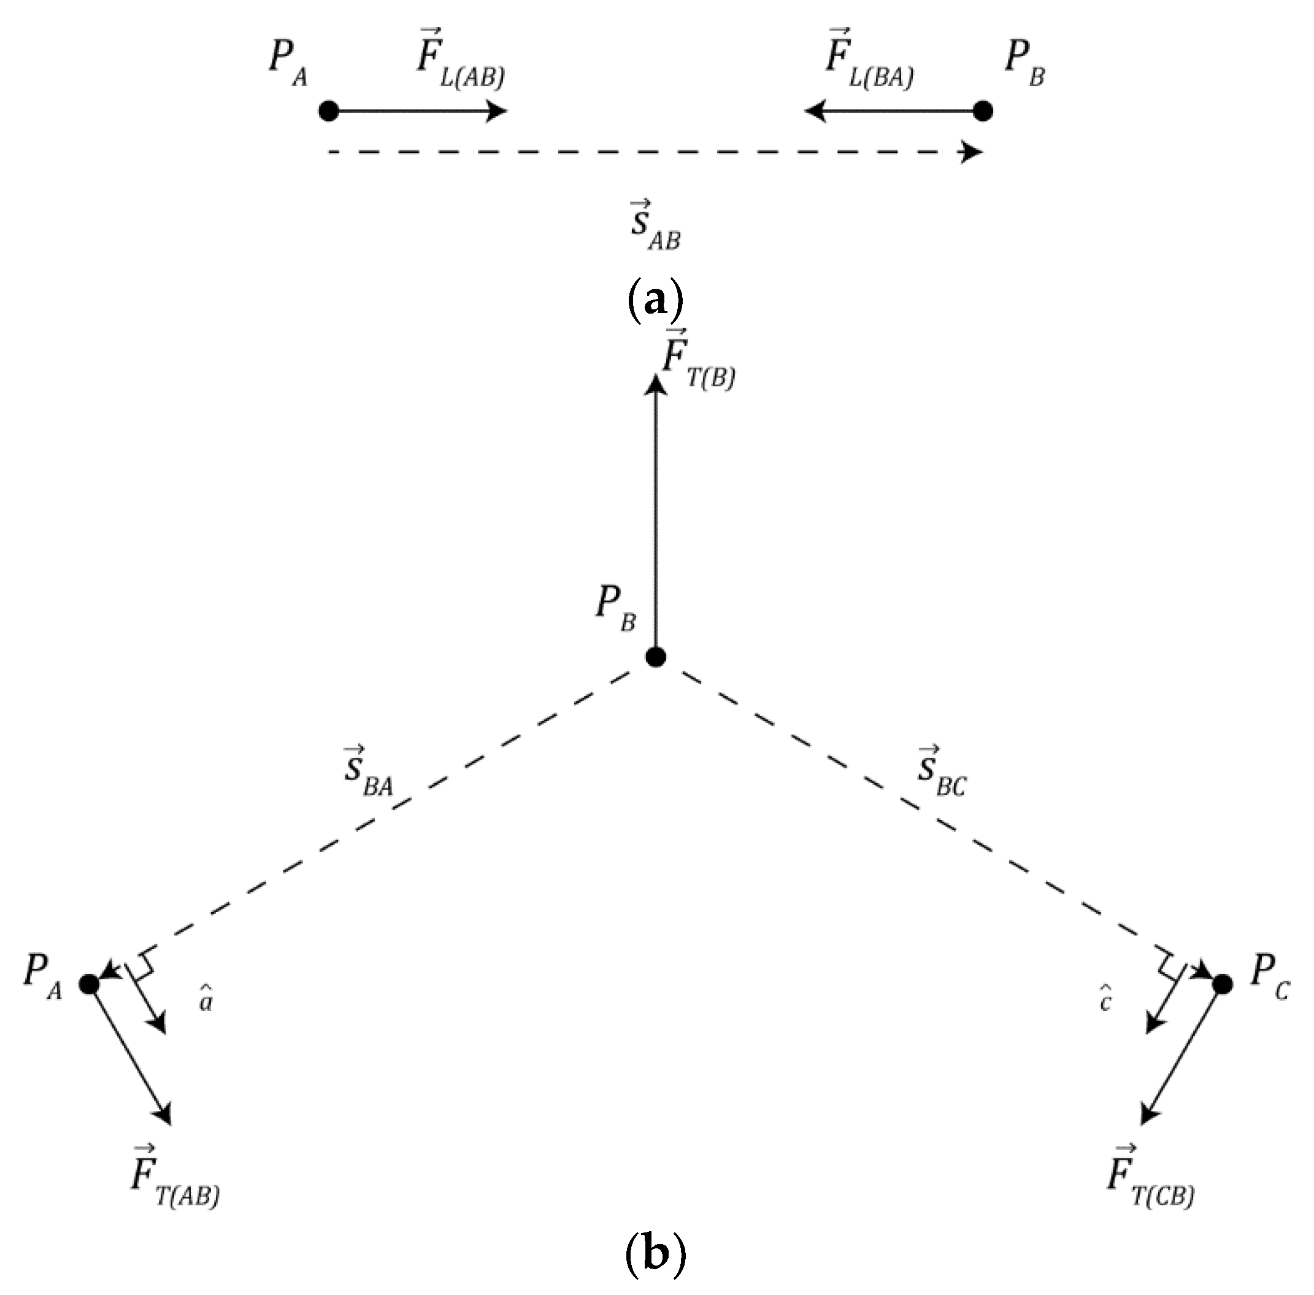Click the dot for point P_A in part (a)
point(329,111)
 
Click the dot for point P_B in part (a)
point(983,111)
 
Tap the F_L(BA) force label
point(869,61)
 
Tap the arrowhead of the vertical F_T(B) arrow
point(656,385)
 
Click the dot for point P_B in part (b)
point(656,657)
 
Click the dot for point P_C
point(1222,984)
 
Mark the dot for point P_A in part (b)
point(90,984)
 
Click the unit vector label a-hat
point(206,1000)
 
